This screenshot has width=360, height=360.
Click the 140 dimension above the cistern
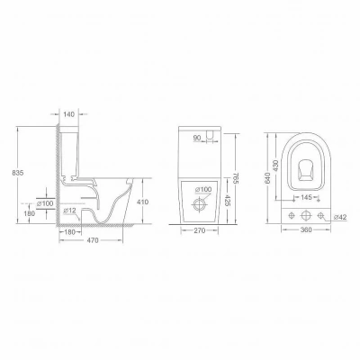tap(69, 114)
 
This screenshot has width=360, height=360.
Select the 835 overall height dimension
tap(18, 173)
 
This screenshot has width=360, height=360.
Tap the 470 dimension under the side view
tap(93, 240)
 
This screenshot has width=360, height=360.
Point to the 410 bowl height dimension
tap(142, 202)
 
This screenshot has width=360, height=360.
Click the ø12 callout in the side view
tap(69, 211)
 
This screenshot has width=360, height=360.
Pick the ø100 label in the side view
tap(45, 203)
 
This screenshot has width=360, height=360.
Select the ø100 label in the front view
tap(203, 190)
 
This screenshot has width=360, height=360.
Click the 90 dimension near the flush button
tap(197, 138)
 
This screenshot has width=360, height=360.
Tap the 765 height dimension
tap(236, 179)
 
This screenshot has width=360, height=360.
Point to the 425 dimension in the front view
tap(227, 201)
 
